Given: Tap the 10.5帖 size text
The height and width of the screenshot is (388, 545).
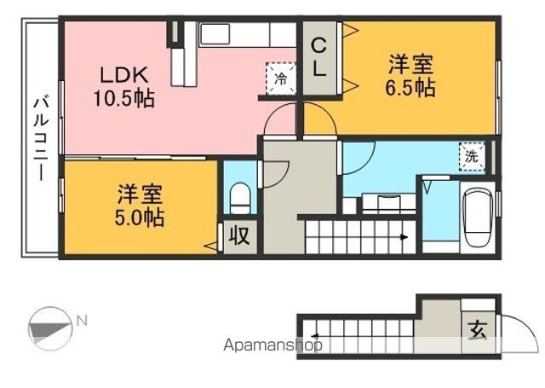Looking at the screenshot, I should (123, 99).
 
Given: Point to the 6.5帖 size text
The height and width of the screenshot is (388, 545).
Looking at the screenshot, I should (411, 87).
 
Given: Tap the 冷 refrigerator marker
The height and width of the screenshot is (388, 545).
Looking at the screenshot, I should (281, 79).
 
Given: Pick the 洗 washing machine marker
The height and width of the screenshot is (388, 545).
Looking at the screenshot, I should (470, 156).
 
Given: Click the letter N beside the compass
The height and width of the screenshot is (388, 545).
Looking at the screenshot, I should (82, 321).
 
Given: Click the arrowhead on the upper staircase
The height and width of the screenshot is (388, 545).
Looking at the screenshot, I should (403, 238).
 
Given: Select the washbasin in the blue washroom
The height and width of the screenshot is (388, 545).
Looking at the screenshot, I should (376, 203).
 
